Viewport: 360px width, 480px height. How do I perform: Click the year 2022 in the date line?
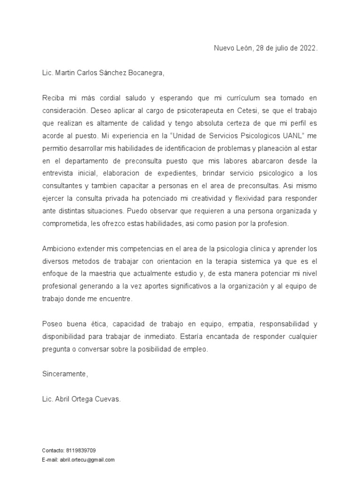(309, 48)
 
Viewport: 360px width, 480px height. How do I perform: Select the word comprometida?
(63, 224)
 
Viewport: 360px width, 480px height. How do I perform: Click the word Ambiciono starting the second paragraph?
(60, 249)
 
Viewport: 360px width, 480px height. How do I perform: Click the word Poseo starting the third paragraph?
(51, 324)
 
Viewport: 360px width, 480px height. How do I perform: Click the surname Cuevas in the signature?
(109, 399)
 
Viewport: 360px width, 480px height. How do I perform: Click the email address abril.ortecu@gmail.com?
(87, 460)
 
